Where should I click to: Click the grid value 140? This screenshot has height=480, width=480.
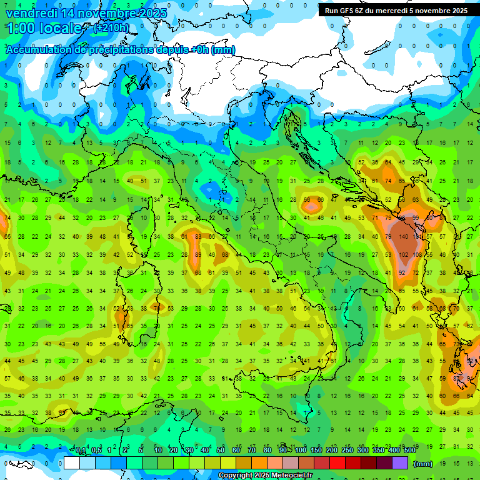(404, 237)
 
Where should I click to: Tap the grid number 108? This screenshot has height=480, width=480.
(417, 255)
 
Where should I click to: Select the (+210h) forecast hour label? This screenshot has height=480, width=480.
(112, 27)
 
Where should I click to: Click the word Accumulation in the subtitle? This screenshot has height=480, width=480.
(38, 50)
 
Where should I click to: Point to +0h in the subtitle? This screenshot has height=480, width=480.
(199, 50)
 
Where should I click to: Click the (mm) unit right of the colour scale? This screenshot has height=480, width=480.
(422, 464)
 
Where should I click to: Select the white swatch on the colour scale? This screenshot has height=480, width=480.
(72, 463)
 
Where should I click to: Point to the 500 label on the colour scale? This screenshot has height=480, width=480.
(409, 451)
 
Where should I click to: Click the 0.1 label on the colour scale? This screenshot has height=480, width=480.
(81, 451)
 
